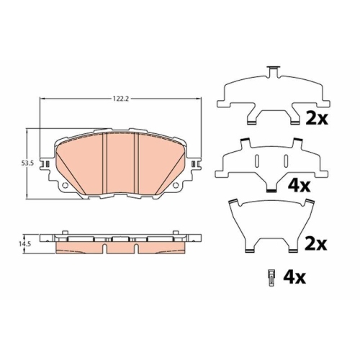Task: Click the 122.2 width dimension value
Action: click(121, 99)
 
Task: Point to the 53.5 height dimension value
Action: click(27, 163)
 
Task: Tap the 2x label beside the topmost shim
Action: click(317, 118)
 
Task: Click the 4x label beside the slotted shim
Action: click(299, 186)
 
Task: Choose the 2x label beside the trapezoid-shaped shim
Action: click(316, 244)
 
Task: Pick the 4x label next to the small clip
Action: click(294, 277)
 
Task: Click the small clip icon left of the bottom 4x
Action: click(271, 278)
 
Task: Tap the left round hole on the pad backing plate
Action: click(65, 185)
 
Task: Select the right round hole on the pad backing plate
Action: click(176, 185)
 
